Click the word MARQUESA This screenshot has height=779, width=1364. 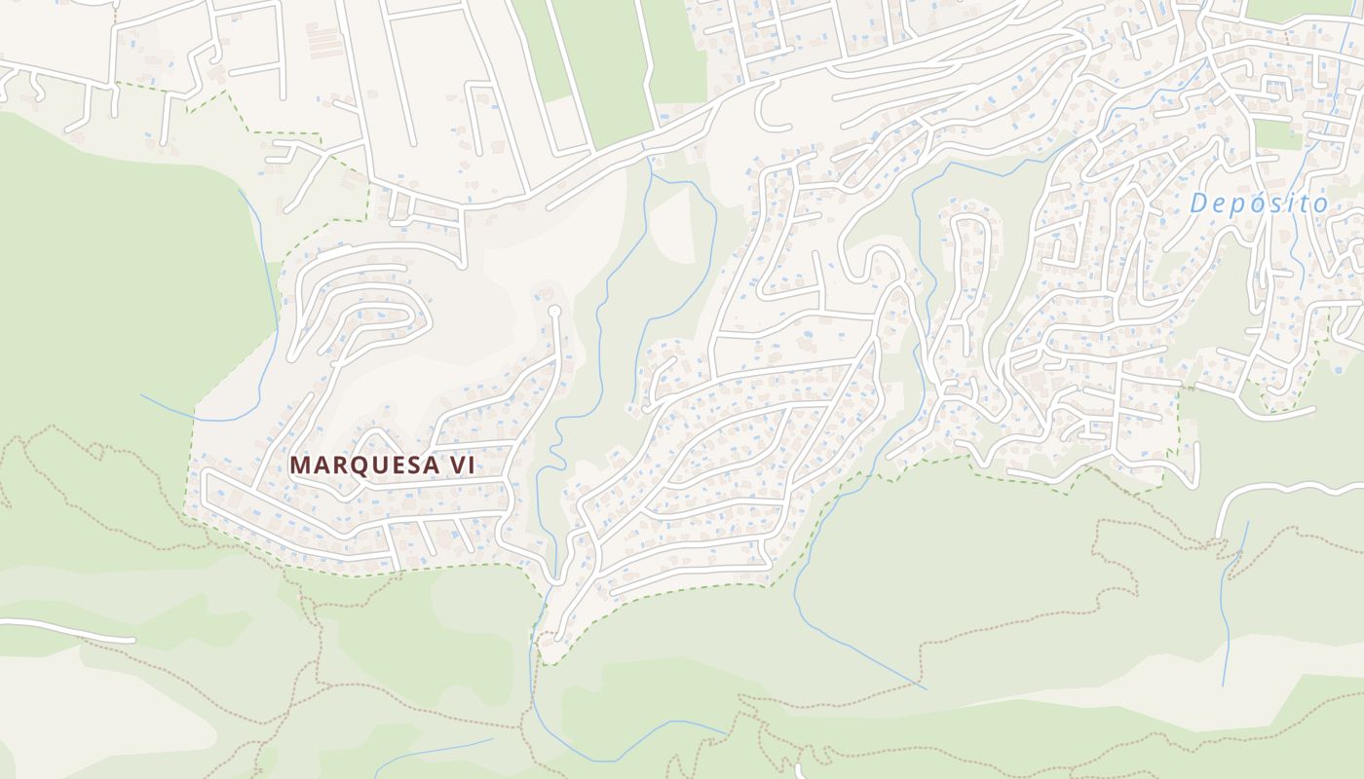pyautogui.click(x=364, y=465)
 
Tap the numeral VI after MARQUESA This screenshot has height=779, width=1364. pyautogui.click(x=461, y=465)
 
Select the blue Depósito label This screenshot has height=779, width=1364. pyautogui.click(x=1259, y=204)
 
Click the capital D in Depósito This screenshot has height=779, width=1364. pyautogui.click(x=1198, y=204)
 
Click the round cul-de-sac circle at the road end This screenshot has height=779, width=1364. pyautogui.click(x=554, y=311)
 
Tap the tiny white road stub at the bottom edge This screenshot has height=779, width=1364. pyautogui.click(x=800, y=770)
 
